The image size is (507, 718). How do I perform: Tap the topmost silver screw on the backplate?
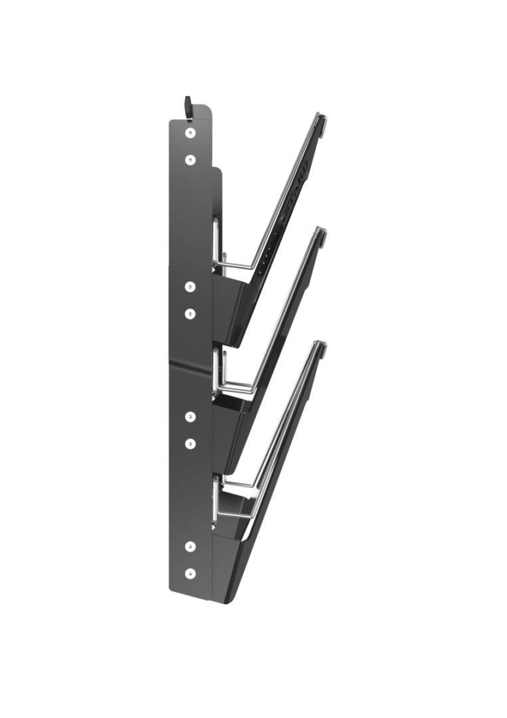[x=190, y=133]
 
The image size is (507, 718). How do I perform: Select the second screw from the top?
[x=190, y=160]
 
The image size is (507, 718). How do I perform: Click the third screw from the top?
[x=190, y=287]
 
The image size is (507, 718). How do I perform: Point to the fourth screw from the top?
[x=190, y=313]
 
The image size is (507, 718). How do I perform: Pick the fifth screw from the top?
[x=190, y=416]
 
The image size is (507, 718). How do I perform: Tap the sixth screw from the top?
[x=190, y=443]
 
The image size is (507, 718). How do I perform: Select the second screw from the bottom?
[x=190, y=546]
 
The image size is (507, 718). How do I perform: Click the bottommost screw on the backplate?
[x=190, y=572]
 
